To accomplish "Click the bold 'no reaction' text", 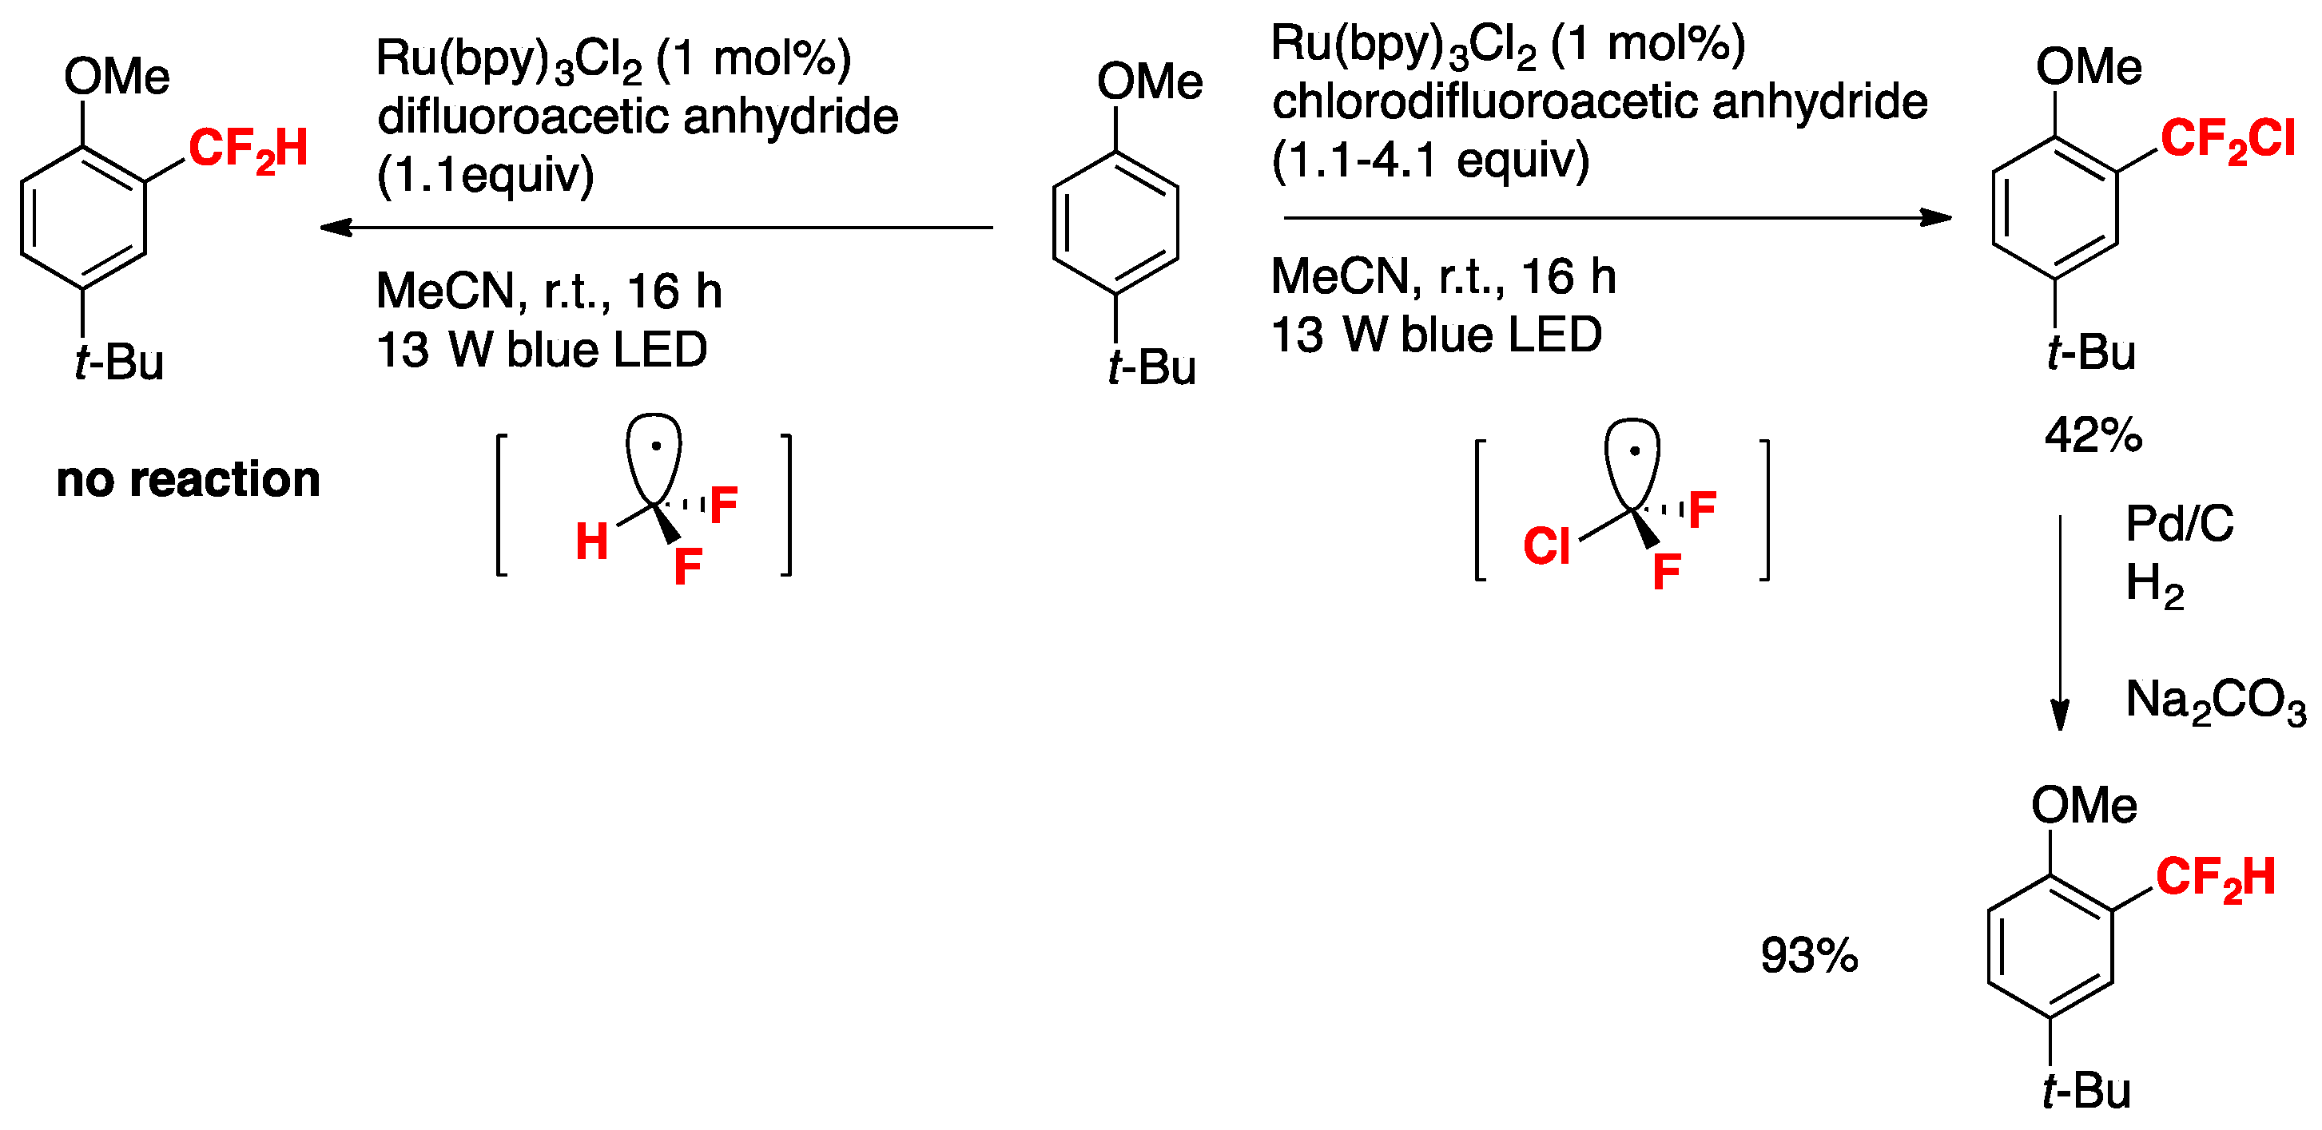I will point(188,478).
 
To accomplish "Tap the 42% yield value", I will point(2092,436).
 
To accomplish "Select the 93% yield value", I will point(1808,955).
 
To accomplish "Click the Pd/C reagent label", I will point(2179,524).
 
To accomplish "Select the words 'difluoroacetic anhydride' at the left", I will point(638,117).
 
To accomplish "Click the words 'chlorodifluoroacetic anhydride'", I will point(1599,101).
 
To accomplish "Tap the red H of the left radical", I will point(591,542).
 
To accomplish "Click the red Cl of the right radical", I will point(1546,547).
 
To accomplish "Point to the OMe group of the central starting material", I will point(1148,81).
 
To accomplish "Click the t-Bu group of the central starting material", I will point(1151,367).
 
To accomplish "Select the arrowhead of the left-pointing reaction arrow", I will point(336,227).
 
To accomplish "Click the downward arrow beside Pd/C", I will point(2059,622).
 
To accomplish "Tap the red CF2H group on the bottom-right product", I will point(2215,878).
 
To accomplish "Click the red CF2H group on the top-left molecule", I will point(248,149).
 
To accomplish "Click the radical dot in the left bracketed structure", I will point(656,445).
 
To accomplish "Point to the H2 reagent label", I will point(2153,584).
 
